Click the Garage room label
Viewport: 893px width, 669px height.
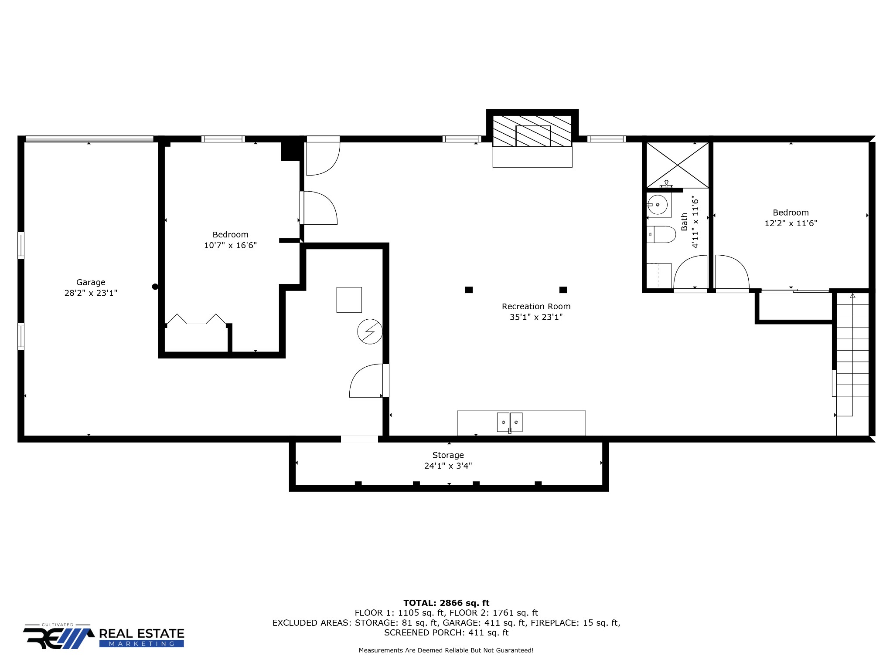click(91, 282)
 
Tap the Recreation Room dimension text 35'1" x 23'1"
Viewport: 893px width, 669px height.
click(536, 317)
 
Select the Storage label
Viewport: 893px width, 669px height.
click(448, 455)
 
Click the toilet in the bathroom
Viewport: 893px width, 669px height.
click(661, 234)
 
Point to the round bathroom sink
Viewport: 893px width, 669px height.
click(658, 204)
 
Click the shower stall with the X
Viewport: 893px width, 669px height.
click(677, 165)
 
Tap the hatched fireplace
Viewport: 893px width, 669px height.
click(532, 131)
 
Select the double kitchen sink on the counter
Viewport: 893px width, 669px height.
click(510, 422)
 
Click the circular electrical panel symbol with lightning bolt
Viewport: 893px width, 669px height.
click(370, 332)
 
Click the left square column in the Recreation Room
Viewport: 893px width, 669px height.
click(469, 290)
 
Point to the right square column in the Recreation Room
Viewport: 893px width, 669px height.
click(563, 290)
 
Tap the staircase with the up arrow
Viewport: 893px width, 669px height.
click(852, 353)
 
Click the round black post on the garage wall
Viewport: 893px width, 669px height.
click(155, 287)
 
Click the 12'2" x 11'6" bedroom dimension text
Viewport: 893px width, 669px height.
click(791, 223)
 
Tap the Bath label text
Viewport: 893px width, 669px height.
click(684, 222)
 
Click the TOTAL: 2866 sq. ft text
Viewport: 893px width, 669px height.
click(446, 603)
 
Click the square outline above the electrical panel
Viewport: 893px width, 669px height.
click(349, 300)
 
